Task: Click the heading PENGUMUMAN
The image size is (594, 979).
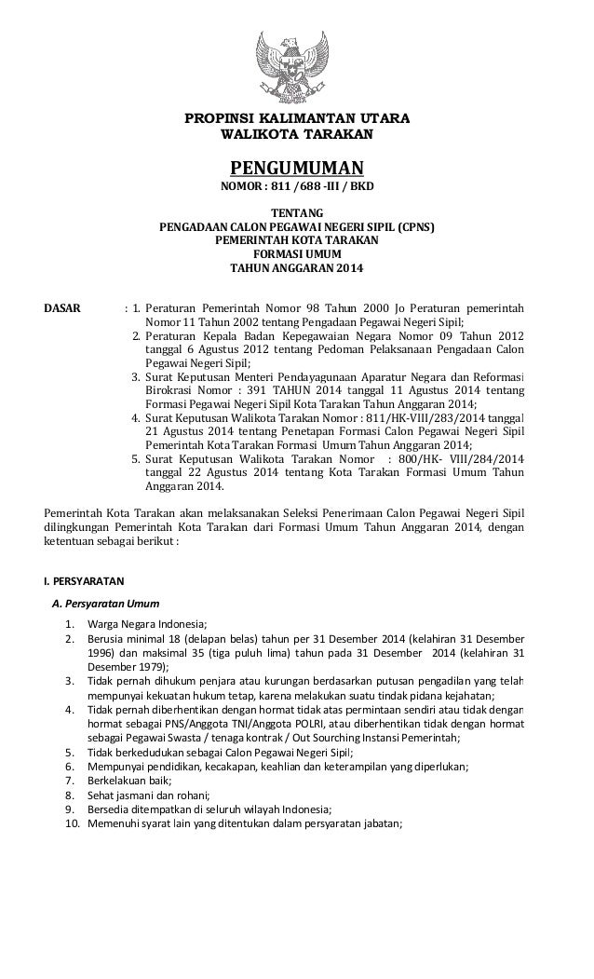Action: [x=296, y=168]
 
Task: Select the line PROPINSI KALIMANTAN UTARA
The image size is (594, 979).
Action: [x=296, y=119]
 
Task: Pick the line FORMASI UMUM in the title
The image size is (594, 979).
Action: [x=296, y=254]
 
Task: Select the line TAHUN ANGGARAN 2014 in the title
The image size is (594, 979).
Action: [x=296, y=268]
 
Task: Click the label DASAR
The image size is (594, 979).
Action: [x=63, y=306]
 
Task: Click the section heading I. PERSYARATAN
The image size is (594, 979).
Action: [x=78, y=582]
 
